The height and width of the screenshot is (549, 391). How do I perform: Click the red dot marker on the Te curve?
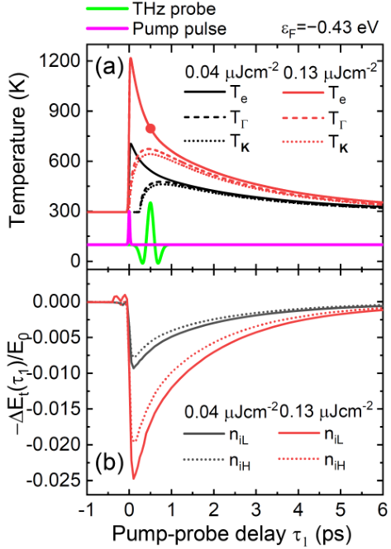(x=150, y=129)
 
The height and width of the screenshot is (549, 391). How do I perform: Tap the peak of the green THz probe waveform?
(x=150, y=202)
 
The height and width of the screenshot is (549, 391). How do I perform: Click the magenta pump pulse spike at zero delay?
(x=129, y=228)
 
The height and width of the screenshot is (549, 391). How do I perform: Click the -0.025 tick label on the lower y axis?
(x=55, y=480)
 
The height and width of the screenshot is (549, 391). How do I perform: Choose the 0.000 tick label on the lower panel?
(x=58, y=301)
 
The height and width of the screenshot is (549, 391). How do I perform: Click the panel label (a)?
(x=109, y=66)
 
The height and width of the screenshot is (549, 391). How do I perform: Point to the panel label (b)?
(x=109, y=462)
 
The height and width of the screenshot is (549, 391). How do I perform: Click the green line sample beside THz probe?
(x=107, y=8)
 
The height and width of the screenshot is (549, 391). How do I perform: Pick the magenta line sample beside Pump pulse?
(x=107, y=28)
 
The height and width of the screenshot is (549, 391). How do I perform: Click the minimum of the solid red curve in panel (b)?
(x=134, y=478)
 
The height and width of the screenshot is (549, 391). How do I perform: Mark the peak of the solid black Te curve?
(x=131, y=144)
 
